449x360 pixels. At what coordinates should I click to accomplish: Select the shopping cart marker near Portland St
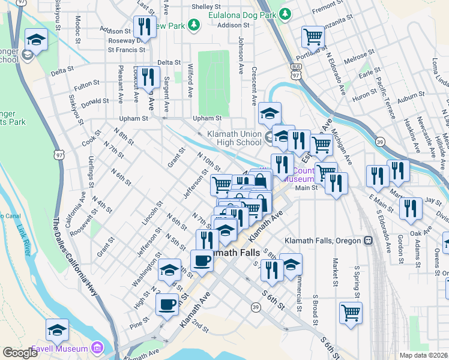(312, 38)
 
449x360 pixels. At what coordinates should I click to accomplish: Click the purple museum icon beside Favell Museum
(96, 348)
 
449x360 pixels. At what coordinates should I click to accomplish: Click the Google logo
(20, 353)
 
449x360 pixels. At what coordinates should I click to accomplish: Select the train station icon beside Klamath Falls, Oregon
(367, 240)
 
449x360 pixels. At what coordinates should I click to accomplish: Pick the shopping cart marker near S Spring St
(351, 312)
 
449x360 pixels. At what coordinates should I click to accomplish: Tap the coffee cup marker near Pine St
(167, 304)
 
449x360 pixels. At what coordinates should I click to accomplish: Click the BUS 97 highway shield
(295, 71)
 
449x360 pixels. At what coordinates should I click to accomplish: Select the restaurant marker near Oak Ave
(411, 208)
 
